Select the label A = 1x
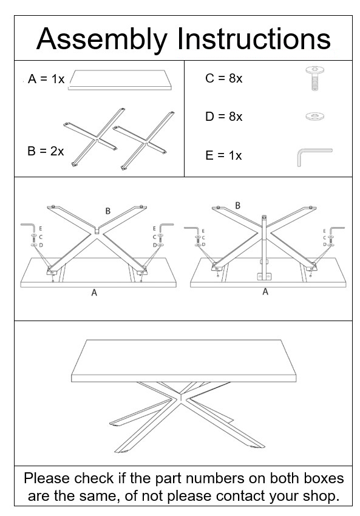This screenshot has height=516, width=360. click(46, 80)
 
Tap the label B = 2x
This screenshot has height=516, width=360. click(46, 151)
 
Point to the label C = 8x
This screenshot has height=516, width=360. click(223, 79)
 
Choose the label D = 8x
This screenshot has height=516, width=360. click(223, 117)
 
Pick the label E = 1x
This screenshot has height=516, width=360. click(223, 155)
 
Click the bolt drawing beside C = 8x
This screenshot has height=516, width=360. click(314, 79)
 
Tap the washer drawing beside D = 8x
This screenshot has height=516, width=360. click(314, 115)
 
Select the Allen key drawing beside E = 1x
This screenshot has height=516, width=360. click(313, 155)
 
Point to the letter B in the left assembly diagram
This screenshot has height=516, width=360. click(107, 211)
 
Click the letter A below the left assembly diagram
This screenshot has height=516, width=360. click(94, 293)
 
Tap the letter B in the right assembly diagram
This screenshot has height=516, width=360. click(237, 206)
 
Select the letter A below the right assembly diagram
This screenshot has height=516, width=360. click(265, 292)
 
